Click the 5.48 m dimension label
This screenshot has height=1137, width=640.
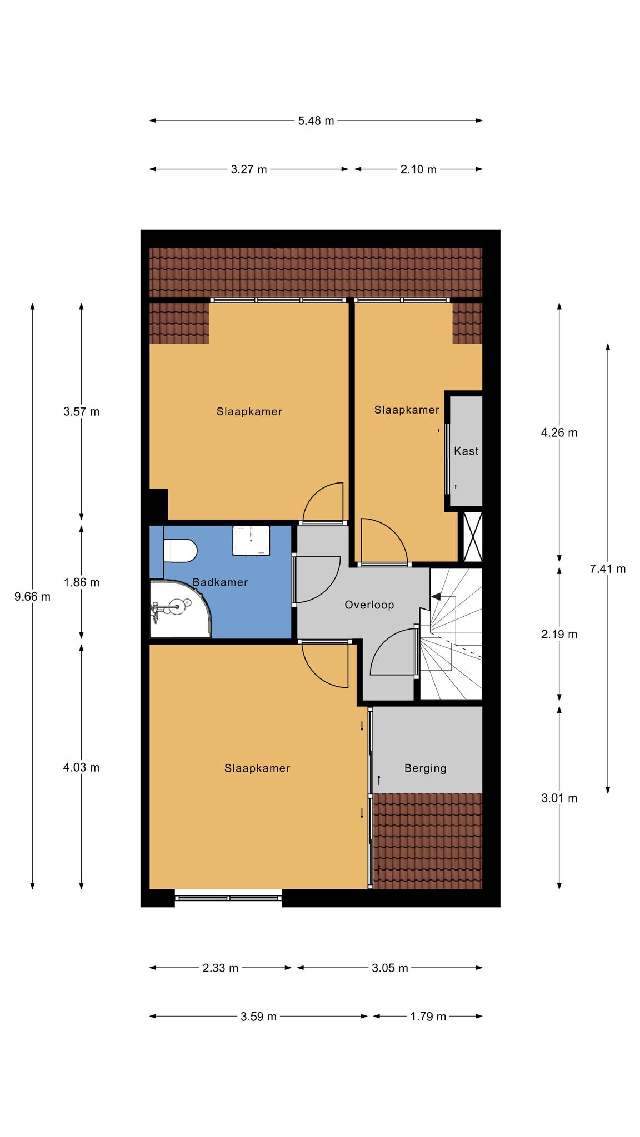tap(316, 120)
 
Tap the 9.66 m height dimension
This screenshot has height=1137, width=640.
tap(32, 597)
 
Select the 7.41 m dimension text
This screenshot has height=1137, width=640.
tap(608, 568)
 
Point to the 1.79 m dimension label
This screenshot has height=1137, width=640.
tap(428, 1017)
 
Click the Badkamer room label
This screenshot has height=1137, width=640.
tap(220, 582)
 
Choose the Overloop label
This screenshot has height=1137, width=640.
tap(369, 605)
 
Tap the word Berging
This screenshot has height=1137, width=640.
tap(426, 768)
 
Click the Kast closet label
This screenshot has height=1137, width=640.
tap(466, 451)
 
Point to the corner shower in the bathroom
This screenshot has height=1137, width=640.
tap(181, 609)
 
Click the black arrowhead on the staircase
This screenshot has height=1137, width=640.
tap(436, 596)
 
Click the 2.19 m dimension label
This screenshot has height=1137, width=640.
tap(559, 634)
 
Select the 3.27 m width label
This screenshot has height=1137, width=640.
tap(249, 169)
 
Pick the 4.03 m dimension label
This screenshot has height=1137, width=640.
tap(82, 767)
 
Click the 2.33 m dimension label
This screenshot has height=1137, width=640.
tap(221, 968)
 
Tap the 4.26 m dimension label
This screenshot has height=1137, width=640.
tap(559, 432)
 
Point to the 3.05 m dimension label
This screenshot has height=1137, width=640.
tap(390, 968)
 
